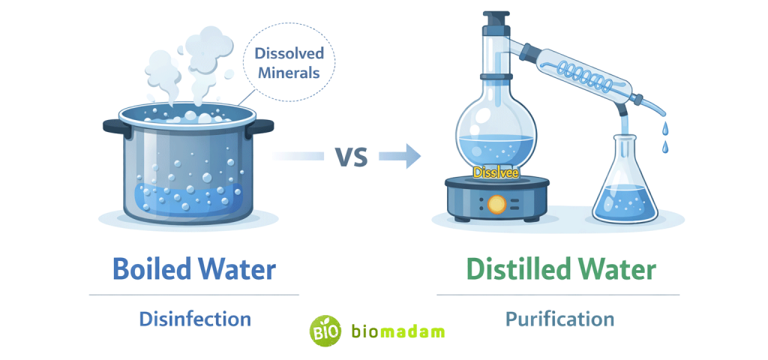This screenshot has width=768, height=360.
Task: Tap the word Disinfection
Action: pyautogui.click(x=195, y=319)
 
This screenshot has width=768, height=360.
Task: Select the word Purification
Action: pyautogui.click(x=559, y=319)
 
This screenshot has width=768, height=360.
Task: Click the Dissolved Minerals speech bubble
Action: pyautogui.click(x=289, y=64)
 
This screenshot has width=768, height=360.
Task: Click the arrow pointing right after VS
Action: pyautogui.click(x=397, y=156)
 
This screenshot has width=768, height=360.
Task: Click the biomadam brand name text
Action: pyautogui.click(x=398, y=331)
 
